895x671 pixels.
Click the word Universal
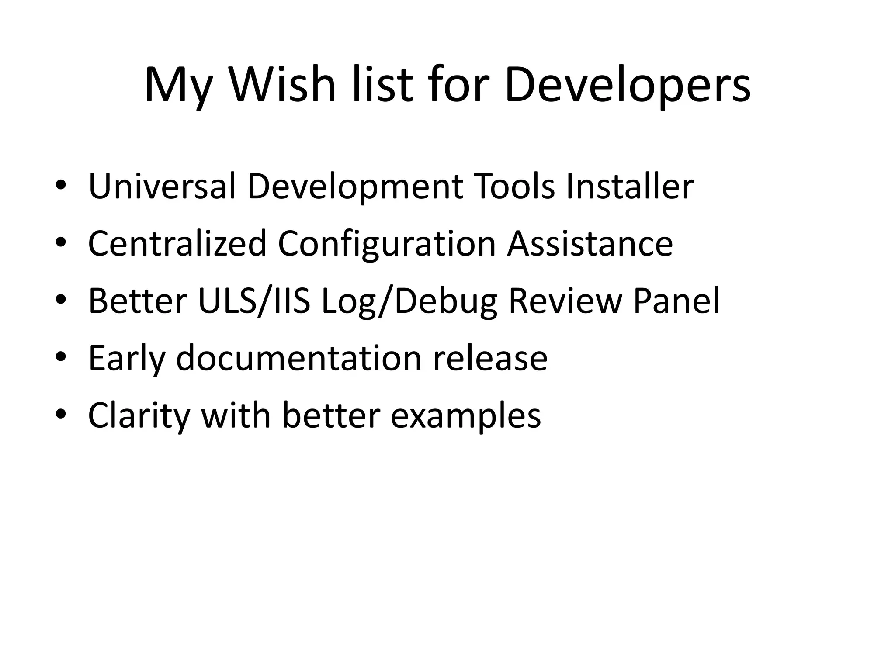pos(162,187)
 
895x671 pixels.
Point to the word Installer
pos(630,187)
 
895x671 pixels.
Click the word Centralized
pos(177,244)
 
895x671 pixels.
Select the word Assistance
pos(590,244)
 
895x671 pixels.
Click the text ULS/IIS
pos(254,301)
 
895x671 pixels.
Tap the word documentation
pos(299,358)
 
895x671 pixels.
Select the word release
pos(490,358)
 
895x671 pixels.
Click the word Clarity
pos(139,416)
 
